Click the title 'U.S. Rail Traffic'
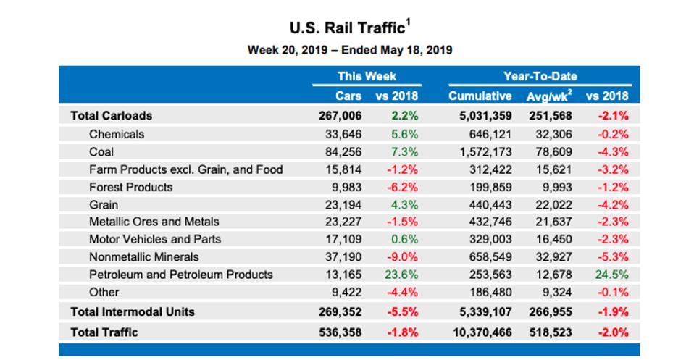tap(346, 28)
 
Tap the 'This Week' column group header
tap(367, 76)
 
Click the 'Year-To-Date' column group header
tap(540, 76)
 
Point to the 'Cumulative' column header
tap(480, 96)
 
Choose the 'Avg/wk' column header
tap(548, 96)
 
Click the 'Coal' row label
tap(101, 152)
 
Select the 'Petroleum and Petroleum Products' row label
tap(181, 275)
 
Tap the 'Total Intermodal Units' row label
tap(133, 311)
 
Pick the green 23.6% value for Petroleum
tap(401, 275)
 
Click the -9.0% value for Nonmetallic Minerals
tap(401, 257)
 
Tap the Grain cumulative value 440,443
tap(487, 204)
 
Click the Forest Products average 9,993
tap(555, 187)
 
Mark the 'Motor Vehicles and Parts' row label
tap(155, 239)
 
